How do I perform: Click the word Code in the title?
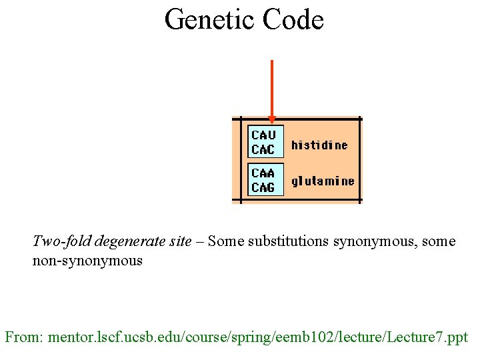293,19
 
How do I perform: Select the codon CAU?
263,135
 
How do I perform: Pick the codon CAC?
263,149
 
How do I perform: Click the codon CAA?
263,173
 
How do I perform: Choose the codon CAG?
263,187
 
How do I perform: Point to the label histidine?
319,145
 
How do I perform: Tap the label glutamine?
323,181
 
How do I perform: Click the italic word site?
180,241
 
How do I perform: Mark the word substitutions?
289,241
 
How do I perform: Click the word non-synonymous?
87,261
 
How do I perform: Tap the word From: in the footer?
25,337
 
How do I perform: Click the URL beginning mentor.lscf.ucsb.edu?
258,337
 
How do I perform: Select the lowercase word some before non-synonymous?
439,241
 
